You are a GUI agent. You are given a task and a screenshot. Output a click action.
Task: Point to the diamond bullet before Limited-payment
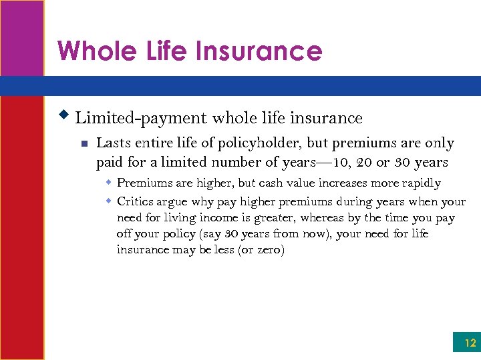tap(65, 115)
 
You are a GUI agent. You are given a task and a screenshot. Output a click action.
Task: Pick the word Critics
tap(136, 201)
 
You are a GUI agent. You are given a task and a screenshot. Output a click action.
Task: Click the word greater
tap(274, 217)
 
